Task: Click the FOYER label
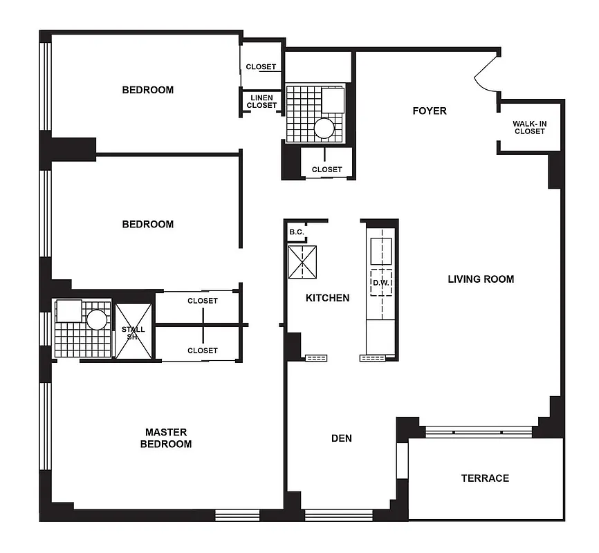click(x=430, y=111)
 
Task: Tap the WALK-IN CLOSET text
click(x=529, y=128)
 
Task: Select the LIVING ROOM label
click(x=481, y=279)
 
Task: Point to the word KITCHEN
click(x=327, y=298)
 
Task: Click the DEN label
click(x=342, y=438)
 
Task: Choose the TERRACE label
click(x=485, y=478)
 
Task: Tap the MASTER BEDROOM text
click(x=166, y=438)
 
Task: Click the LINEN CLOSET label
click(x=261, y=102)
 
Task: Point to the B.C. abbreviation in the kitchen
click(x=296, y=232)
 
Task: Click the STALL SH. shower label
click(x=133, y=333)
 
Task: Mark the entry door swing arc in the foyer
click(x=486, y=75)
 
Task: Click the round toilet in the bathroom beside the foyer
click(x=324, y=127)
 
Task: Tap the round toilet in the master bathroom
click(x=96, y=319)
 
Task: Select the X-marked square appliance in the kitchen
click(x=302, y=262)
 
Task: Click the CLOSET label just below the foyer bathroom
click(x=326, y=169)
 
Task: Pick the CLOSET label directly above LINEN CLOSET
click(x=261, y=67)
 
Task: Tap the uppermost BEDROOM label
click(x=148, y=90)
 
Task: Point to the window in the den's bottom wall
click(x=329, y=514)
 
